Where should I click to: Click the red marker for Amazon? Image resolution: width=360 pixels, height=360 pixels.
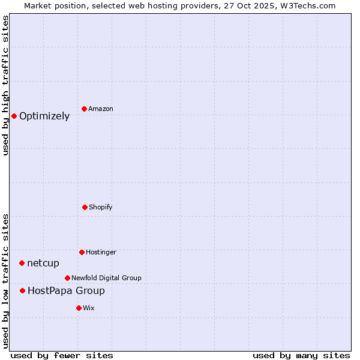point(85,109)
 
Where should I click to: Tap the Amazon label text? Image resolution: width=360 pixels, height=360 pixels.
point(101,109)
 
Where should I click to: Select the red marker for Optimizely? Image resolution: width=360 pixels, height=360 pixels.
point(14,116)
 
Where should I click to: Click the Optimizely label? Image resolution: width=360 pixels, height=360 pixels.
point(44,116)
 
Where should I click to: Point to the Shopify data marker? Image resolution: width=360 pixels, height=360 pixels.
point(85,207)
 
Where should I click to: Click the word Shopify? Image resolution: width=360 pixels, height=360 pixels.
point(101,207)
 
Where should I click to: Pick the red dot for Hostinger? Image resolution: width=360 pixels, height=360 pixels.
point(82,252)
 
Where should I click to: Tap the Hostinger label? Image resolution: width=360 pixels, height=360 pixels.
point(101,252)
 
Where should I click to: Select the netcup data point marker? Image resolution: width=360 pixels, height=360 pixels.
point(22,263)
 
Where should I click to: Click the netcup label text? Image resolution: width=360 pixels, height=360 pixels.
point(43,263)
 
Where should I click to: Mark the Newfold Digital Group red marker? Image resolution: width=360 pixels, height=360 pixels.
point(67,278)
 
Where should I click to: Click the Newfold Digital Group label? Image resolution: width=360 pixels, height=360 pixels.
point(106,278)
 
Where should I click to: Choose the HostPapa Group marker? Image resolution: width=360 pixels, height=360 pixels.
point(22,290)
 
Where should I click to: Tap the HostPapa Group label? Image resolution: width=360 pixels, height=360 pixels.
point(66,291)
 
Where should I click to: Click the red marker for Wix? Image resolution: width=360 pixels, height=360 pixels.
point(79,308)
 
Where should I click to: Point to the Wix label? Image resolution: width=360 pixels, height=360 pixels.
point(89,308)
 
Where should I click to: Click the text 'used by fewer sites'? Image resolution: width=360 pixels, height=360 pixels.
point(62,355)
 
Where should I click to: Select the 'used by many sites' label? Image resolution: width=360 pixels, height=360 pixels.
point(301,355)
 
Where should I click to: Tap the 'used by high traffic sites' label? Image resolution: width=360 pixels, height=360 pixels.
point(6,85)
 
